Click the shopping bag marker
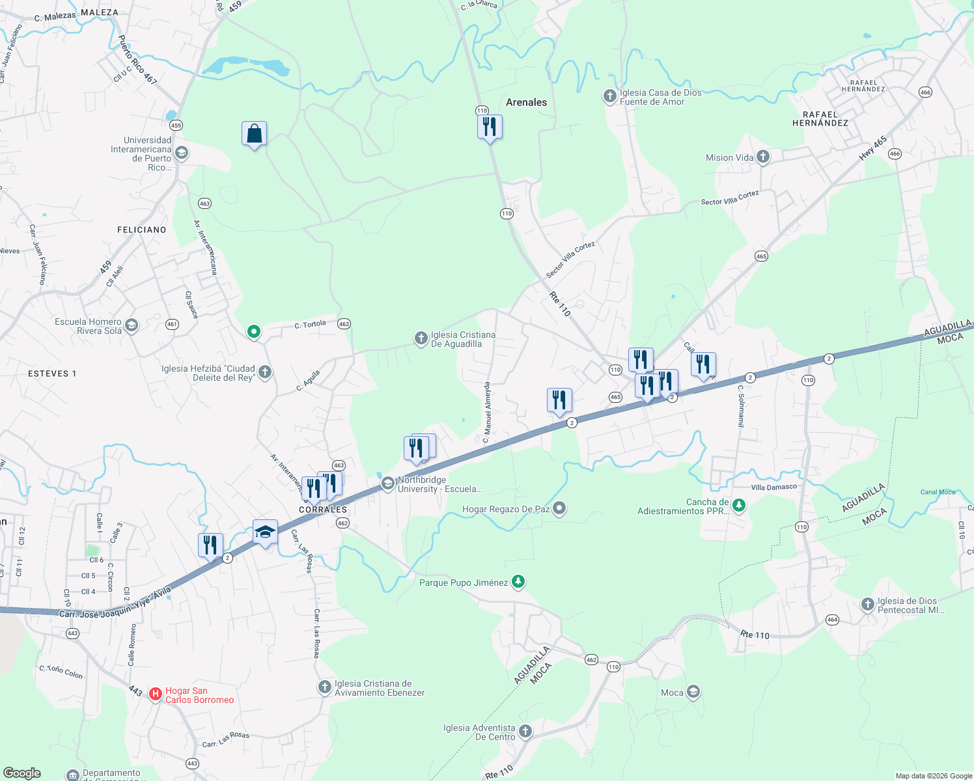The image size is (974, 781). coord(254,134)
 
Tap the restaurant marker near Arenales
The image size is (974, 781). coord(490,127)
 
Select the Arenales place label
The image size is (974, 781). coord(526,102)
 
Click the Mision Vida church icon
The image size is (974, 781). coord(763,157)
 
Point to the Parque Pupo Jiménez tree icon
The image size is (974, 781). coord(518,582)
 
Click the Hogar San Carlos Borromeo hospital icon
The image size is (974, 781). coord(156,694)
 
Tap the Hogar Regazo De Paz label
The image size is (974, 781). coord(506,509)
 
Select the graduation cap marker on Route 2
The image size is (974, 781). coord(265,532)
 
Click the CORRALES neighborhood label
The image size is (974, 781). coord(323,510)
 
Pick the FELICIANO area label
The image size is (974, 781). coord(141,230)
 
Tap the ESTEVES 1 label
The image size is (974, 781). coord(52,374)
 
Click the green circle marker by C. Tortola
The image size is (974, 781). coord(254,332)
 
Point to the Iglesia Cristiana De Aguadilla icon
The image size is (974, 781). coord(421,338)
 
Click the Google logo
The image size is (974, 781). coord(22,773)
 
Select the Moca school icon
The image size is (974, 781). coord(693,692)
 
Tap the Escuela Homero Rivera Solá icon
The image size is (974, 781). coord(132,325)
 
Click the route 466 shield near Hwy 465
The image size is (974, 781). coord(895,154)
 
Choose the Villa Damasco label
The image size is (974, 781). coord(773,487)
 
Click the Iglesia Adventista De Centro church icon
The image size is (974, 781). coord(525,732)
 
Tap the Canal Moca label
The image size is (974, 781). coord(938,492)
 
